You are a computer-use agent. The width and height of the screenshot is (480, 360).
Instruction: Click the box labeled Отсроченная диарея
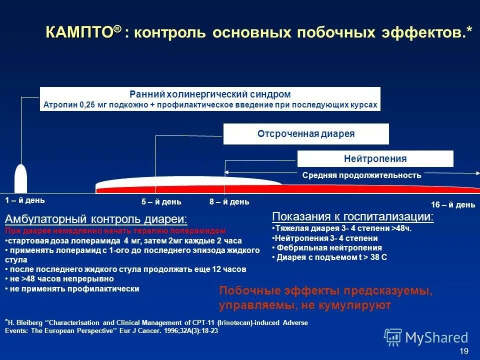305,134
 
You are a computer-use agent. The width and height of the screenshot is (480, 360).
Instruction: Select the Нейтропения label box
375,159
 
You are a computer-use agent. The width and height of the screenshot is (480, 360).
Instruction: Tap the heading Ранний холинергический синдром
210,94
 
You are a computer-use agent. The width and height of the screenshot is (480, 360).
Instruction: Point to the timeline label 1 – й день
25,200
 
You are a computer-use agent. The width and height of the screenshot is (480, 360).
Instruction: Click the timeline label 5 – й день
161,202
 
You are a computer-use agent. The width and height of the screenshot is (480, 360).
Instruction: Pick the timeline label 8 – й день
229,202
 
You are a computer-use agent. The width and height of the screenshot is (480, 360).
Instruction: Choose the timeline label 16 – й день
453,205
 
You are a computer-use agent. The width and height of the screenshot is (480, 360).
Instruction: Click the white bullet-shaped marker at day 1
20,178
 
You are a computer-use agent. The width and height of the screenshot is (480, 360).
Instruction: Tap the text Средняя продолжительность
361,175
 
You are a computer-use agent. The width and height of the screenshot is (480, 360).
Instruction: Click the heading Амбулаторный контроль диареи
96,219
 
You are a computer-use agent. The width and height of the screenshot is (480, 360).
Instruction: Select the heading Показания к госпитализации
353,216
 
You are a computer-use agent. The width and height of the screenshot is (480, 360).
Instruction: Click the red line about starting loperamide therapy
115,231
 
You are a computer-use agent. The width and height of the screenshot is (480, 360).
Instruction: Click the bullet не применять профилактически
74,289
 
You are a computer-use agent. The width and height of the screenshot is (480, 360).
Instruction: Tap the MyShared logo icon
393,337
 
